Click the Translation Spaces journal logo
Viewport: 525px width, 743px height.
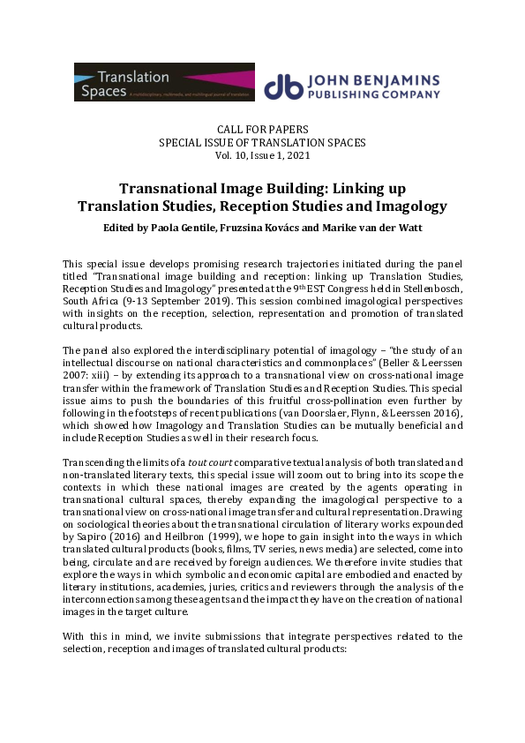(x=164, y=82)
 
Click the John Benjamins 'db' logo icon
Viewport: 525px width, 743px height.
(x=282, y=85)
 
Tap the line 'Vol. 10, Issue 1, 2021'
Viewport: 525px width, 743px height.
(x=263, y=154)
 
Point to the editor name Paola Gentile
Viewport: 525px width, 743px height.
(x=167, y=226)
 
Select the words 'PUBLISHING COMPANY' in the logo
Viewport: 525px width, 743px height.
(x=372, y=93)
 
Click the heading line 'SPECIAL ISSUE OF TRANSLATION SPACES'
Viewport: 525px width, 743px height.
(x=262, y=143)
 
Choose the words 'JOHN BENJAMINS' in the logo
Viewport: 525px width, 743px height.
(x=372, y=78)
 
